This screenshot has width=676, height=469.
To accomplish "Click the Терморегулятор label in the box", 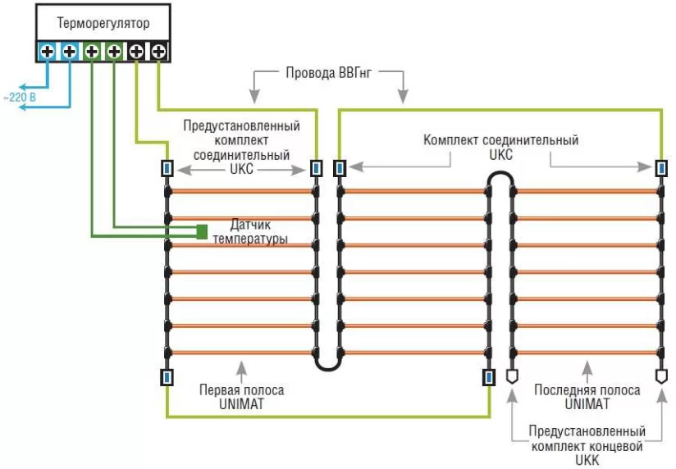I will [103, 24].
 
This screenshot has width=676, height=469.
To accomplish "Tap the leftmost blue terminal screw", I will [47, 52].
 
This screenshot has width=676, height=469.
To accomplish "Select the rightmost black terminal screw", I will [159, 52].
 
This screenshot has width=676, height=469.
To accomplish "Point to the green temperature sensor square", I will [200, 231].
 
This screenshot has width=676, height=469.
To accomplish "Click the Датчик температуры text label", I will [251, 231].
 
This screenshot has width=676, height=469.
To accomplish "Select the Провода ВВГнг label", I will [329, 73].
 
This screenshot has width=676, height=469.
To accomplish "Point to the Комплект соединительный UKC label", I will [500, 147].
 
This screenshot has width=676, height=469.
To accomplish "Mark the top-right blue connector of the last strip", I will [660, 168].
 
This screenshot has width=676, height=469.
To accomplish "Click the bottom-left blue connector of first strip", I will [167, 377].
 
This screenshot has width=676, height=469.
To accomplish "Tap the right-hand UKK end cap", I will [660, 376].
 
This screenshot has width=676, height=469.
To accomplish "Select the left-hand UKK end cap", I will [512, 376].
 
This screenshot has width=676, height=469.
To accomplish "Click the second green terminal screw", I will [114, 52].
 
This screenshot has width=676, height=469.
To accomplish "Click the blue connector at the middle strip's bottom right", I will [488, 377].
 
